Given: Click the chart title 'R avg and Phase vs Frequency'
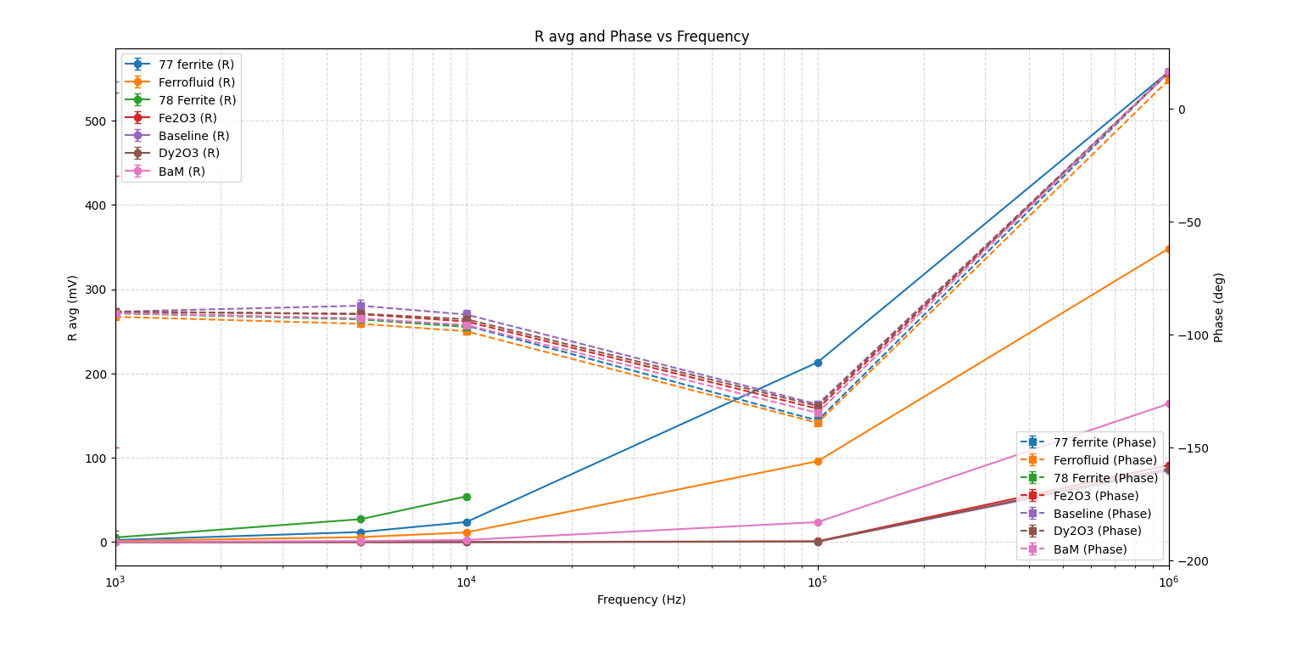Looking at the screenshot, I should pos(641,37).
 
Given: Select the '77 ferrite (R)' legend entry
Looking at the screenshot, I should pos(195,65).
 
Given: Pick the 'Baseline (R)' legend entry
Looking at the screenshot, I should pos(193,136).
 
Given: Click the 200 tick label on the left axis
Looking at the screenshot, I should pos(96,374).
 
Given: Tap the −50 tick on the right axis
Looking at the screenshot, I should pos(1188,222).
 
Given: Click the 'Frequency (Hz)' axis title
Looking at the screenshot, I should pos(641,600).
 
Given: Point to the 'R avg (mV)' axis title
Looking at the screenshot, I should pos(73,307).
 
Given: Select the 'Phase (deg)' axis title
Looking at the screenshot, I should pos(1219,307).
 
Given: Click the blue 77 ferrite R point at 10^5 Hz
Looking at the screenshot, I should pos(818,363).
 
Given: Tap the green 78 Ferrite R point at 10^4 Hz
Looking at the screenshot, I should pos(467,497).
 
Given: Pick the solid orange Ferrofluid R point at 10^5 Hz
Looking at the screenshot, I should pos(818,461).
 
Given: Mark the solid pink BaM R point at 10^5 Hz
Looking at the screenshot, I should pos(818,522).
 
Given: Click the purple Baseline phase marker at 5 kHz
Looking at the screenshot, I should pos(361,306).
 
